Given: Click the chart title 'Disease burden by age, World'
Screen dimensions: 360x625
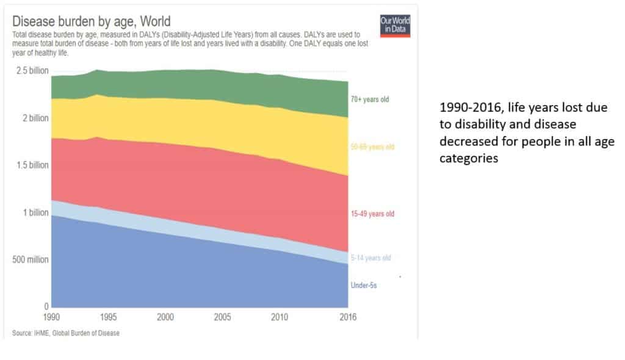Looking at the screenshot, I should coord(91,22).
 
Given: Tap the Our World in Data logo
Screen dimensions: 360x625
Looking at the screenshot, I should coord(394,24).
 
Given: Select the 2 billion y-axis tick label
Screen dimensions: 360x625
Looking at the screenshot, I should coord(35,118).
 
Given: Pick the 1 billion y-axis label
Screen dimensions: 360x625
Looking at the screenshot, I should coord(35,212).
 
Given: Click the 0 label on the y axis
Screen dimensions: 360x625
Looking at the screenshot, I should coord(45,306).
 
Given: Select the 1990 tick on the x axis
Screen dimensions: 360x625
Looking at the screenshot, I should coord(52,317).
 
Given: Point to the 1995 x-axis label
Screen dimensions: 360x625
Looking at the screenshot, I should coord(109,317).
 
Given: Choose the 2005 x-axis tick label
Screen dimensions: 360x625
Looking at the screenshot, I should coord(223,317).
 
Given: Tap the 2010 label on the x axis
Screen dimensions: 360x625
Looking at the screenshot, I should coord(280,317).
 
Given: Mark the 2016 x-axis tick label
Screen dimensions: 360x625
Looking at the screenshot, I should coord(348,317).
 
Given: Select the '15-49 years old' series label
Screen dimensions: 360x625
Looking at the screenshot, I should coord(372,214).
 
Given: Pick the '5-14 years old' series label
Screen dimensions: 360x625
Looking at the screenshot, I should coord(370,258).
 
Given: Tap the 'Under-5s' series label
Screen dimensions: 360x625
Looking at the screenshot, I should coord(363,285).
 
